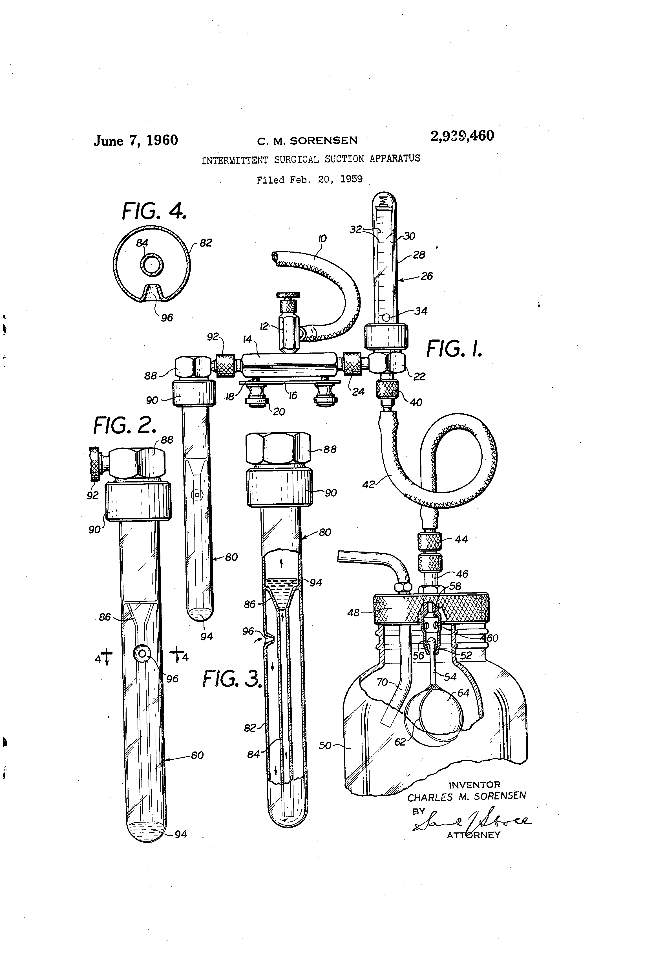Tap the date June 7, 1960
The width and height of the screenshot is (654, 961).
136,141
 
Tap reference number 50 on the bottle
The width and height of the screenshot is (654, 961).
325,746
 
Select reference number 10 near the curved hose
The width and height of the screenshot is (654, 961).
322,239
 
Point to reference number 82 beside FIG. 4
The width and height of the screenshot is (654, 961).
206,243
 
